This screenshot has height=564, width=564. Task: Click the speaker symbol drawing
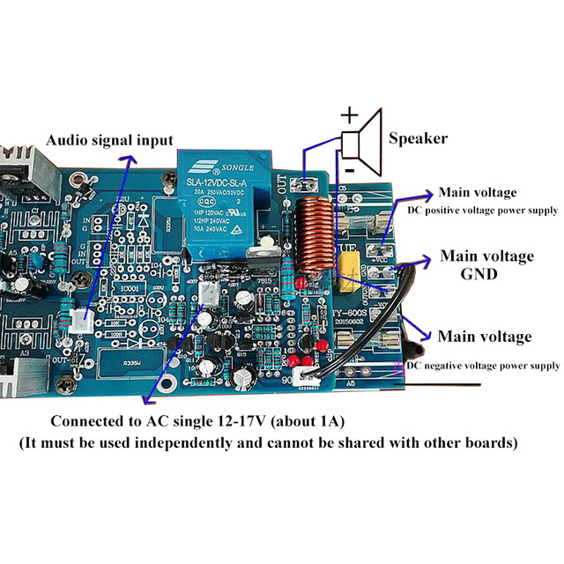(361, 139)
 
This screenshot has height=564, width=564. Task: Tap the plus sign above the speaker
(350, 114)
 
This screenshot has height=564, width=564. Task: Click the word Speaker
(418, 137)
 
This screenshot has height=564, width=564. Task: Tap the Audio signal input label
(109, 139)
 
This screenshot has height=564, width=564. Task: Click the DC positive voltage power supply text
(482, 210)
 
